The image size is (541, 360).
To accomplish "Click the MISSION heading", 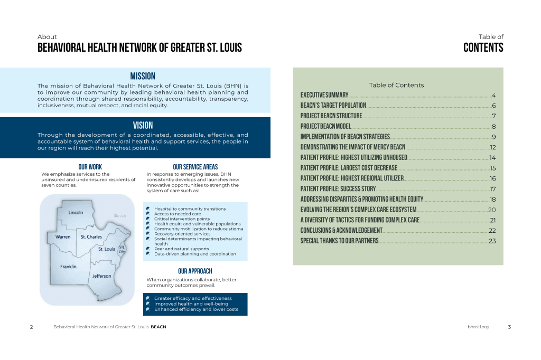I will (x=143, y=76).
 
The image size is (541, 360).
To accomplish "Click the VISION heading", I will (x=143, y=126).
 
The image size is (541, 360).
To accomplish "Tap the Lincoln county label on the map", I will (x=76, y=213).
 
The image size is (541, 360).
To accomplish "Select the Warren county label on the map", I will (x=63, y=237).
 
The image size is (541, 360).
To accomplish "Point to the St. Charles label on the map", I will (x=91, y=237).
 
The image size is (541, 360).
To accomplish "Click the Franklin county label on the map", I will (x=68, y=267).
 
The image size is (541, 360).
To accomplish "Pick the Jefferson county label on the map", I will (x=102, y=276).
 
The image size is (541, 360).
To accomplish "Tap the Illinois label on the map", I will (x=120, y=215).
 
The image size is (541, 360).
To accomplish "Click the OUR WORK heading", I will (x=90, y=167).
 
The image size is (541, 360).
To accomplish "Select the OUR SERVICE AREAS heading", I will (x=195, y=167).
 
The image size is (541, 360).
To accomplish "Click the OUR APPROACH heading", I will (x=195, y=271).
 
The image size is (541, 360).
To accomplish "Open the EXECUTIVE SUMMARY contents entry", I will (x=324, y=96).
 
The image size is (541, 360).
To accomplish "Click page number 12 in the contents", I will (x=492, y=147).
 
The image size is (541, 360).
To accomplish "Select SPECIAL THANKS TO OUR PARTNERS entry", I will (x=339, y=241).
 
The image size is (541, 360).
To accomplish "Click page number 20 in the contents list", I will (x=492, y=210).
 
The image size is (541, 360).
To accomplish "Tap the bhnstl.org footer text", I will (x=478, y=327).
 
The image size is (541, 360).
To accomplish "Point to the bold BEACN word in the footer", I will (x=158, y=327).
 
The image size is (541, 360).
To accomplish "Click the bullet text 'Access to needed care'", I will (x=178, y=214).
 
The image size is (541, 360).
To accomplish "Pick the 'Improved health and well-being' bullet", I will (x=191, y=304).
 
